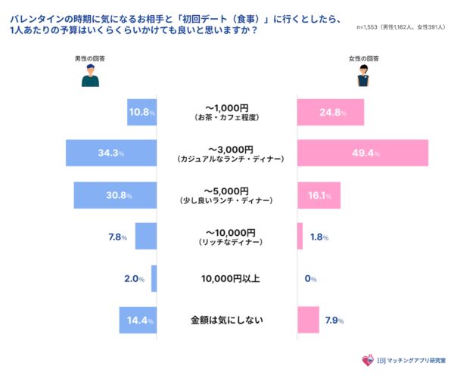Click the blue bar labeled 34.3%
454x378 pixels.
(x=111, y=153)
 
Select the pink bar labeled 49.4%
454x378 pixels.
(x=363, y=153)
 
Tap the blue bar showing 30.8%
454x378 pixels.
(x=115, y=194)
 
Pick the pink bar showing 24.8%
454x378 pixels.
(x=331, y=112)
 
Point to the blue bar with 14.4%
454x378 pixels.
(x=138, y=320)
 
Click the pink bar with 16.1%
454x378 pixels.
(x=319, y=194)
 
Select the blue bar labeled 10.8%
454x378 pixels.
(x=142, y=112)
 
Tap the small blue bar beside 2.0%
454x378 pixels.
(x=154, y=278)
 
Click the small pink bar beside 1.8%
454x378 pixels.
(x=300, y=237)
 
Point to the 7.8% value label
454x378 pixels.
(x=119, y=237)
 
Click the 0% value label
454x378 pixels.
(x=309, y=279)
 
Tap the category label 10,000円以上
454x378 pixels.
(x=230, y=279)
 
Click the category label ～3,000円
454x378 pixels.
(x=229, y=148)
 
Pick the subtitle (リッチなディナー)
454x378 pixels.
(x=229, y=242)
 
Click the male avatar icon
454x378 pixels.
(x=90, y=73)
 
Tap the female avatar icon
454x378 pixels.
(x=363, y=73)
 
